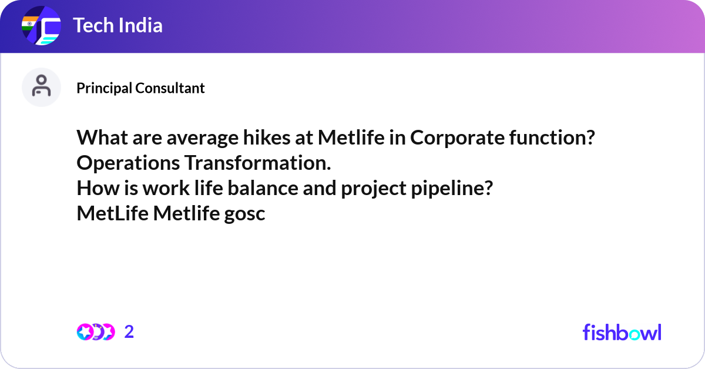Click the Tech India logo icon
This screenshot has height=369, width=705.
coord(41,26)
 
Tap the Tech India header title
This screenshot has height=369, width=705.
coord(117,26)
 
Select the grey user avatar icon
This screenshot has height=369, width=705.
coord(41,87)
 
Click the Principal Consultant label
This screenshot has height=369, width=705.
coord(140,88)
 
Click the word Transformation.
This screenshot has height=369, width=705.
coord(257,163)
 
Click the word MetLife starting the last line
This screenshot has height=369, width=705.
coord(113,214)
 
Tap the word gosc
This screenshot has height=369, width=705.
coord(245,214)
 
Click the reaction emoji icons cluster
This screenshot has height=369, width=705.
coord(95,332)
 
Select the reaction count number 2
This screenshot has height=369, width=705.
coord(129,332)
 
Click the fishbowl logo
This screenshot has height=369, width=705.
coord(622,332)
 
